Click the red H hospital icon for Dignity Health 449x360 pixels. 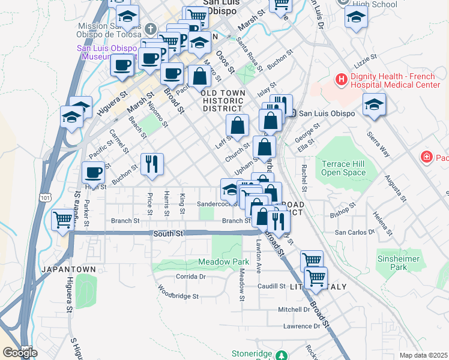point(341,79)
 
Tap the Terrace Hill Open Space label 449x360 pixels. point(343,168)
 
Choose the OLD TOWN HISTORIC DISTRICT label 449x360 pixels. point(223,101)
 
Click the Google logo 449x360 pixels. point(20,352)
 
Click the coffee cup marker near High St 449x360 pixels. point(93,173)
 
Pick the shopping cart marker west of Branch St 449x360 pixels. point(62,220)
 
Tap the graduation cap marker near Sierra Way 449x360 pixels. point(374,104)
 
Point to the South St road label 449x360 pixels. point(167,233)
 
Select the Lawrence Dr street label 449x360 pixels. point(302,326)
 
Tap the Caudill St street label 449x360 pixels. point(271,286)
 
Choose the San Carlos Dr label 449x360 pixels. point(355,232)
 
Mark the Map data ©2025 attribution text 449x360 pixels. point(424,355)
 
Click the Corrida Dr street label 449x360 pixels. point(191,277)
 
